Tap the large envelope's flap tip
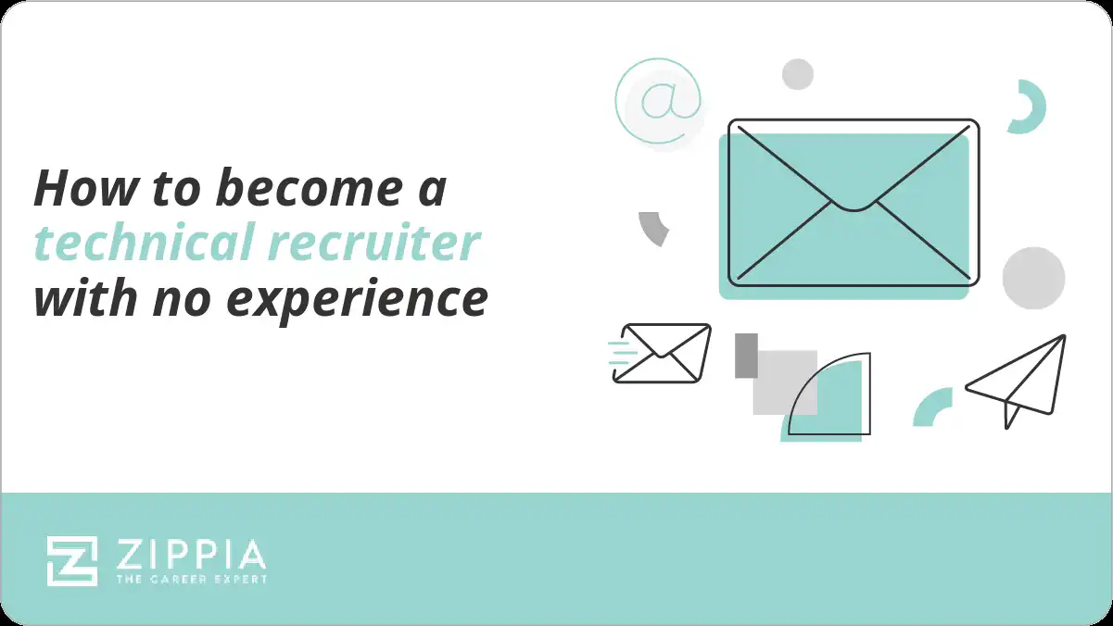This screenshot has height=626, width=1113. [x=854, y=205]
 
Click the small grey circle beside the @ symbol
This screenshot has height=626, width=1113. [x=797, y=74]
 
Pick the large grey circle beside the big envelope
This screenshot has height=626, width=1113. [x=1033, y=278]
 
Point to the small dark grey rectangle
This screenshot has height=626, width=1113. [x=746, y=356]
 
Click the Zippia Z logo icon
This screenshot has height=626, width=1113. [x=72, y=560]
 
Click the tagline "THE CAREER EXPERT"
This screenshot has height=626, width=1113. [x=192, y=579]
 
